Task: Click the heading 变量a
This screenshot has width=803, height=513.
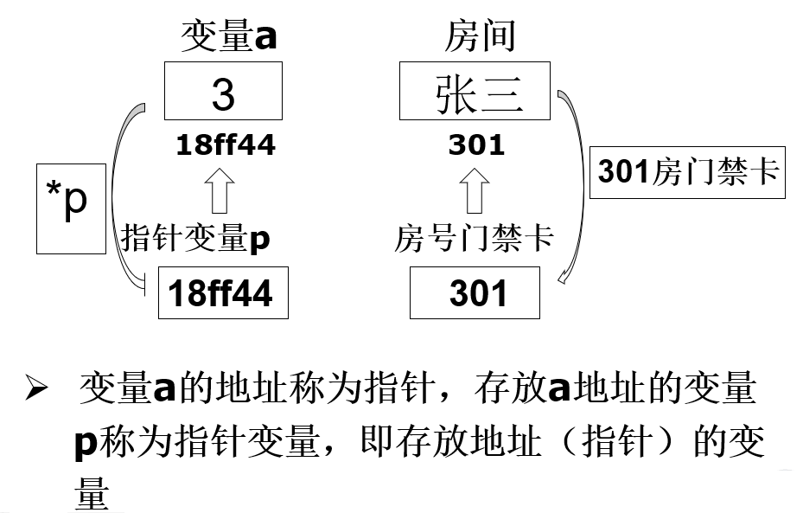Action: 229,37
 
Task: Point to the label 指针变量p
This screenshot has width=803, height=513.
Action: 196,238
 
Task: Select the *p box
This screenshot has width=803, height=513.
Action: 66,207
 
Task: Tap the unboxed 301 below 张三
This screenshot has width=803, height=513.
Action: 476,145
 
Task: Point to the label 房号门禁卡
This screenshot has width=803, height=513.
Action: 474,238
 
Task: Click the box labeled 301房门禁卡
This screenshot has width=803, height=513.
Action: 687,171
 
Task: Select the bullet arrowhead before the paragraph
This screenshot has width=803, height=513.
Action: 35,392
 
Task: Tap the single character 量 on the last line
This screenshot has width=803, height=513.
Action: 92,491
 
